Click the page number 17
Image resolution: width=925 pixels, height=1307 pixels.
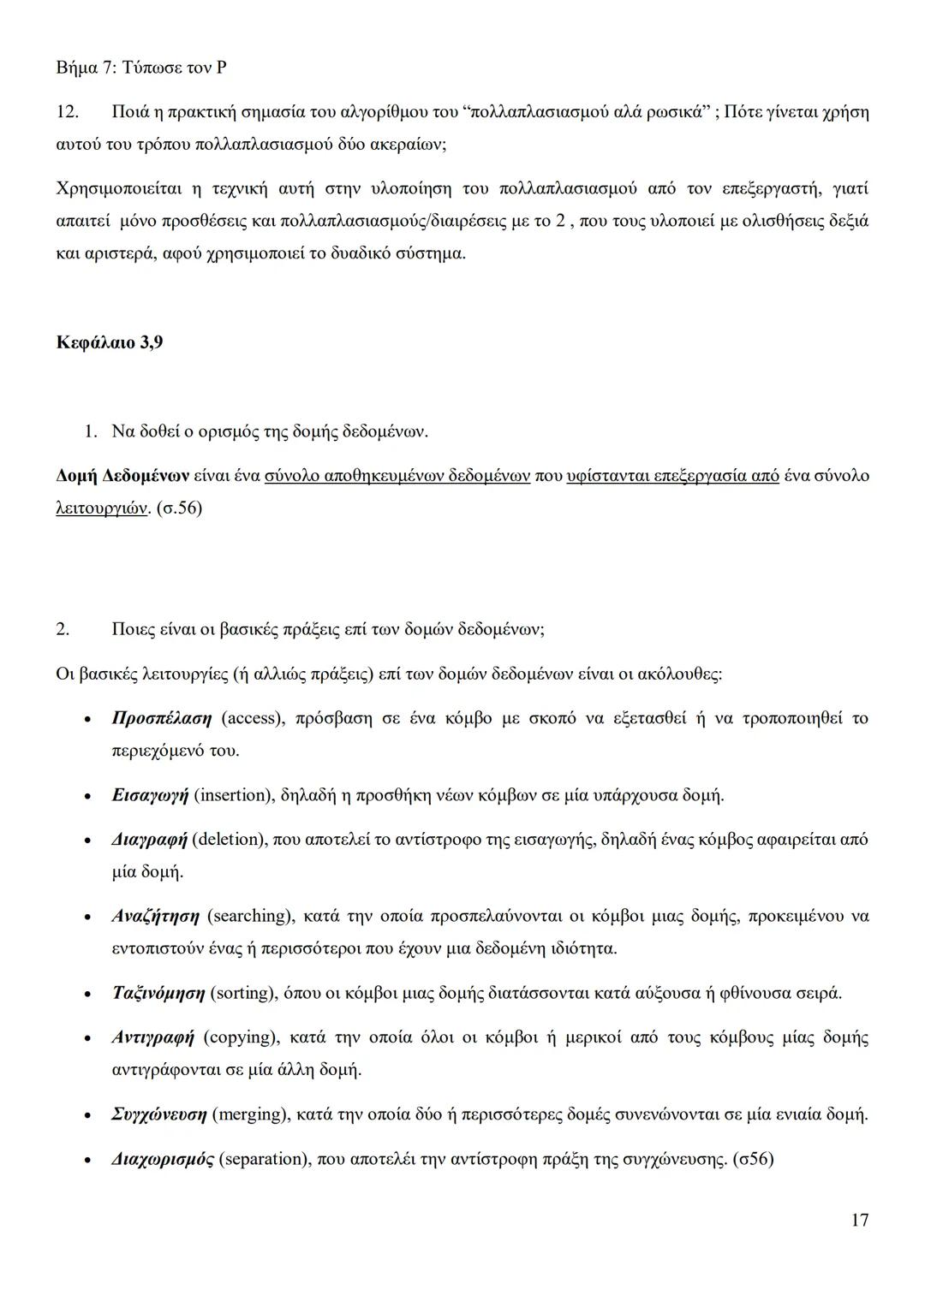(860, 1220)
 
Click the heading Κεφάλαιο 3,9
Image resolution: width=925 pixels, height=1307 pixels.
(109, 342)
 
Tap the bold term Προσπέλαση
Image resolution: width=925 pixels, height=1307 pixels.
(161, 717)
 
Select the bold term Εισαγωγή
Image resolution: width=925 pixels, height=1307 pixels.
(150, 795)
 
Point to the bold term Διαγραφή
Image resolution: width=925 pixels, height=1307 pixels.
(149, 839)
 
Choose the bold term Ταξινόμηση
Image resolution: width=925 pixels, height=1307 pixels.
(158, 994)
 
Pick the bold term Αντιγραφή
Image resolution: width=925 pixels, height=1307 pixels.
(153, 1037)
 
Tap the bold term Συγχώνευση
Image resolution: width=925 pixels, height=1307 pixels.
(159, 1114)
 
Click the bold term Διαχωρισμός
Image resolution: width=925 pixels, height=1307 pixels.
(163, 1159)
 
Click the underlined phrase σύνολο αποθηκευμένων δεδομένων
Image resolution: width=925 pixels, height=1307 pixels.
(397, 475)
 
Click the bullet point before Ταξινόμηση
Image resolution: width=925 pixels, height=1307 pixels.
(87, 995)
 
